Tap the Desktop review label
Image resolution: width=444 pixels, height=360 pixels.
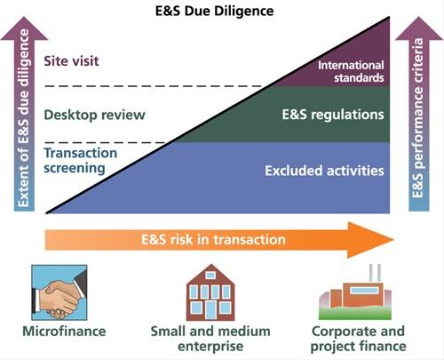point(94,115)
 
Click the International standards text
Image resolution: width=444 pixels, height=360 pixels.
point(351,70)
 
